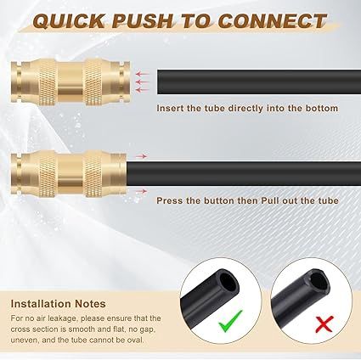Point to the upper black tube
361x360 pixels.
[x=255, y=78]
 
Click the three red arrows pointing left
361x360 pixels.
[x=144, y=79]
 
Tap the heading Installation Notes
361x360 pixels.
[x=59, y=302]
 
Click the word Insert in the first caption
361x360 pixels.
[x=169, y=109]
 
